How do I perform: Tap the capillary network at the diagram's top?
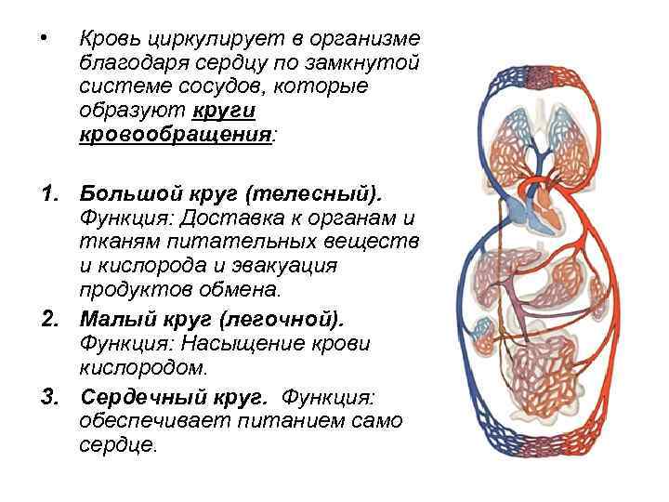click(533, 75)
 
